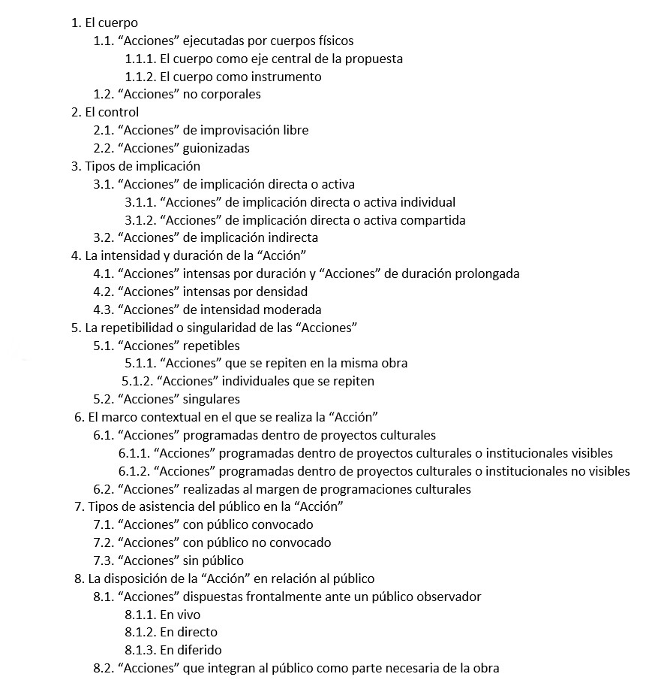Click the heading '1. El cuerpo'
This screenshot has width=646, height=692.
point(104,23)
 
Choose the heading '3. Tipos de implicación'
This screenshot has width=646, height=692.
point(136,166)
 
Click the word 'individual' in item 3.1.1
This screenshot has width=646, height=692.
point(428,202)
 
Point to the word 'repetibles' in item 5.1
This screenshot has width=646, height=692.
point(212,346)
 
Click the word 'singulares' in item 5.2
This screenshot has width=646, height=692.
point(212,399)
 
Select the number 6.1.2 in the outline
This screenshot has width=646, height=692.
point(134,471)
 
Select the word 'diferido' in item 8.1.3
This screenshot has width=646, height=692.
point(198,650)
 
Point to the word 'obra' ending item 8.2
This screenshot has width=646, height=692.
point(485,668)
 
